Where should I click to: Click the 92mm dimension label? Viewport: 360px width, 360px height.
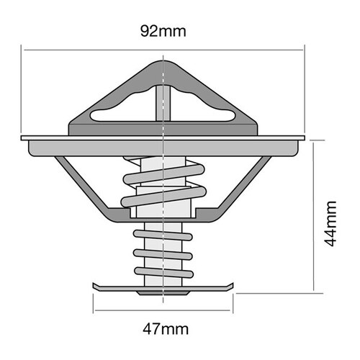click(165, 32)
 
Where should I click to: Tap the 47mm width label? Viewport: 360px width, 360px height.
click(165, 330)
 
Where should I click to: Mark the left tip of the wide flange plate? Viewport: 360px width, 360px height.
click(23, 137)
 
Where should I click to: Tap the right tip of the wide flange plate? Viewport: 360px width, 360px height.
click(305, 137)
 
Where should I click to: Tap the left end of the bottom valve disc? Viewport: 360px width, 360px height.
click(94, 287)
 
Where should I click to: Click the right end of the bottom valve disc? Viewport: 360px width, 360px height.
click(235, 287)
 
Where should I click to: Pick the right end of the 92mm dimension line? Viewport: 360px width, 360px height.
click(305, 50)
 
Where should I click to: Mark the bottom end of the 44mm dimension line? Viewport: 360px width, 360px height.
click(315, 293)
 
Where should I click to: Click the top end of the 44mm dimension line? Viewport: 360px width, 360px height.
click(315, 140)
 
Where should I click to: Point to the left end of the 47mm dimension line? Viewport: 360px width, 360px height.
click(93, 310)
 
